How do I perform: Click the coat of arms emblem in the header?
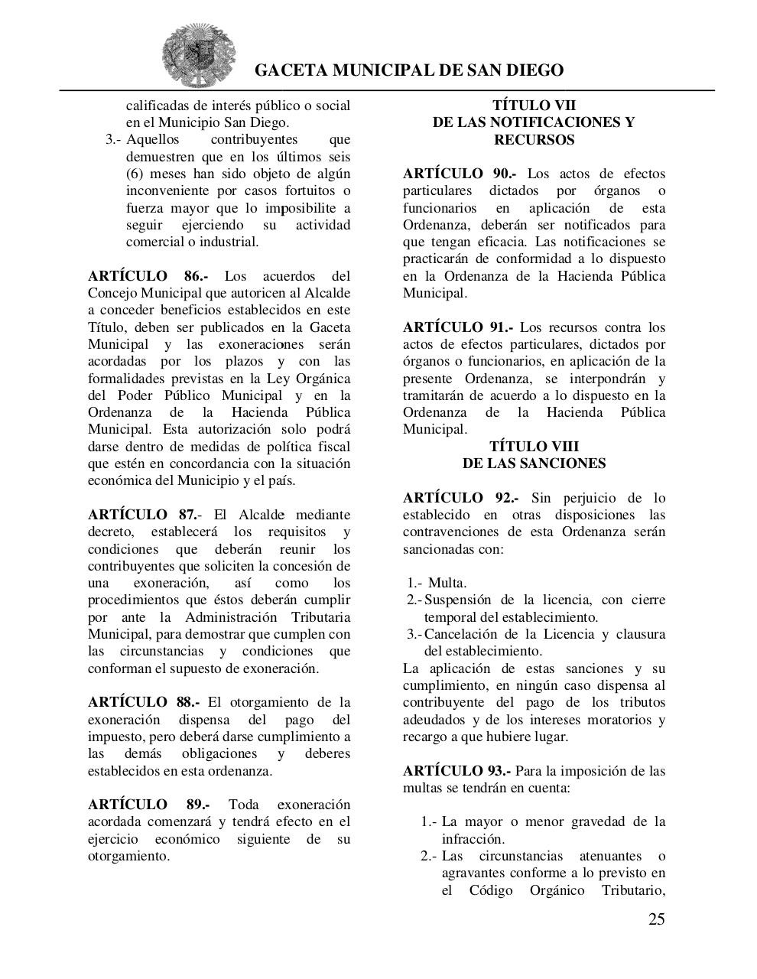(198, 55)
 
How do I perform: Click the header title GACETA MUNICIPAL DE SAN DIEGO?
(408, 70)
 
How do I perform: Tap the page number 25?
(656, 919)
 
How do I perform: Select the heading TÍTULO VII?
(534, 106)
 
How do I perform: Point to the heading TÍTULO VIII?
(534, 447)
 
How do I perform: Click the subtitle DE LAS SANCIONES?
(534, 463)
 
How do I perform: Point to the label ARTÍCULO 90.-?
(460, 174)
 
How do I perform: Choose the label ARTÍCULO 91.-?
(458, 327)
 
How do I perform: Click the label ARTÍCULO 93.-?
(456, 771)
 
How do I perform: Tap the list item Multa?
(447, 583)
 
